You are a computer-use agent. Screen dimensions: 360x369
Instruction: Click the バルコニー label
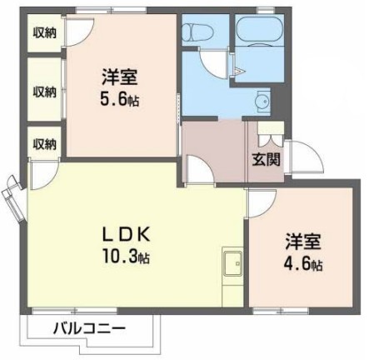click(89, 328)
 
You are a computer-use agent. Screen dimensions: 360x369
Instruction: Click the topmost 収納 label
click(45, 32)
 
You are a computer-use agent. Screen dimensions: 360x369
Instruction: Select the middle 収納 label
click(45, 91)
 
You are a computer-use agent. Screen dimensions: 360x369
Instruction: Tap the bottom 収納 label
click(45, 143)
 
